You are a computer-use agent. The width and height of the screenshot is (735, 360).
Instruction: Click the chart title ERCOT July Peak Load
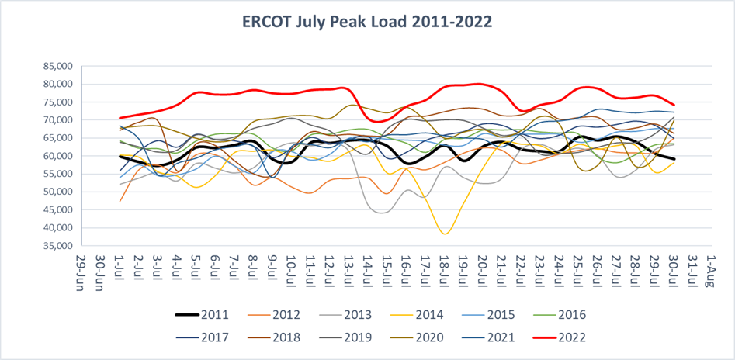tap(367, 21)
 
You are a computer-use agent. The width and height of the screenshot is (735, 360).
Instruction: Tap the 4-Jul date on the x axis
tap(176, 269)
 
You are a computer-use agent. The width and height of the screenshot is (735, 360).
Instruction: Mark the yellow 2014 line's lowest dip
tap(444, 234)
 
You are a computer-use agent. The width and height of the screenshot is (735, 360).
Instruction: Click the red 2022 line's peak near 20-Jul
tap(480, 84)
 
